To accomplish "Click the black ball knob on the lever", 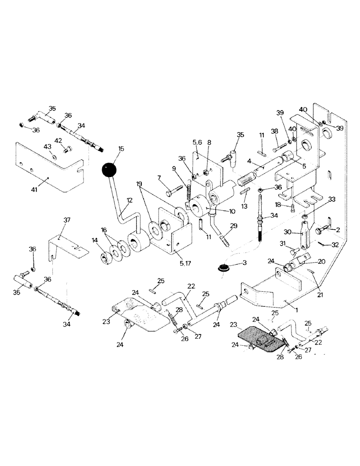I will click(x=109, y=169).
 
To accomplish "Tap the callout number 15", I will click(x=121, y=149).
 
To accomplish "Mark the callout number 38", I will click(x=275, y=131).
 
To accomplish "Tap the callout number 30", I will click(x=287, y=232).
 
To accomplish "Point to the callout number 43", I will click(x=47, y=147).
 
